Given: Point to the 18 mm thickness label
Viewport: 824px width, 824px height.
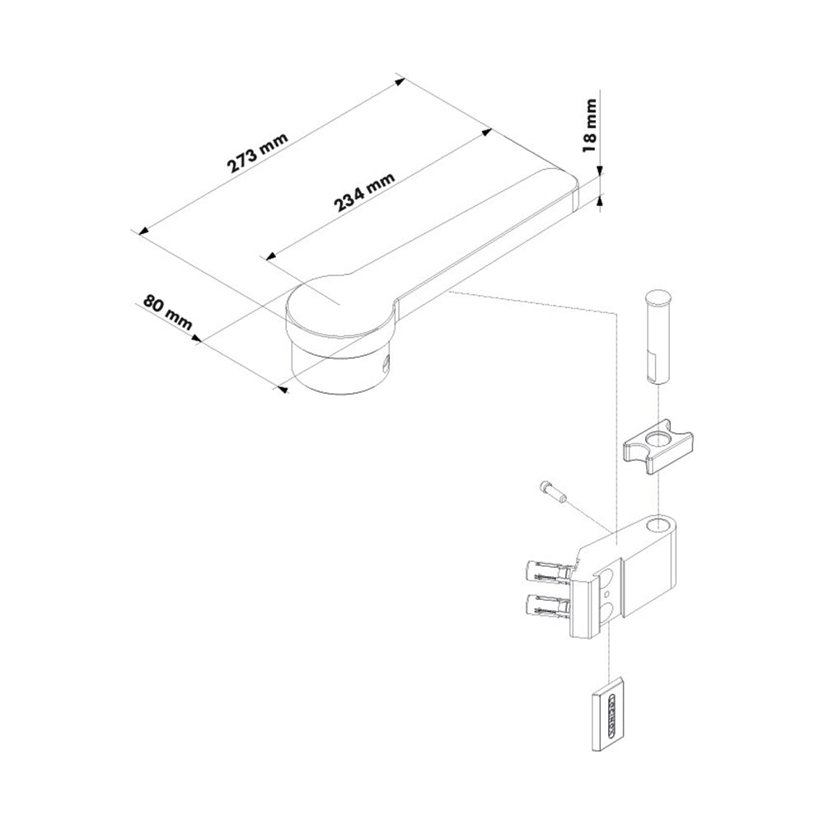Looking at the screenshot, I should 589,125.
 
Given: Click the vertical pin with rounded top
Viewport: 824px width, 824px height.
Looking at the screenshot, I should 657,335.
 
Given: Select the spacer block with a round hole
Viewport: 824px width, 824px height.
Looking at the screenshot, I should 657,449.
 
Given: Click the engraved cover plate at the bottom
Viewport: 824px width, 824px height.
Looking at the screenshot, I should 610,713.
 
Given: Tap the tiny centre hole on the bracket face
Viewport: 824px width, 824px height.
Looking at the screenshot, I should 605,591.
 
